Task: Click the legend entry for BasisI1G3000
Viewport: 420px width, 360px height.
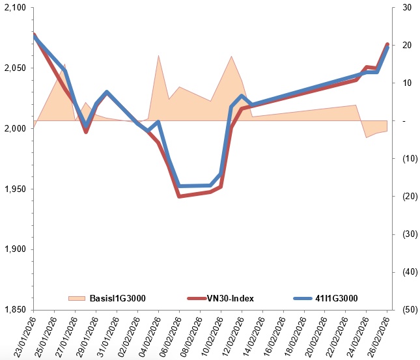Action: pos(107,298)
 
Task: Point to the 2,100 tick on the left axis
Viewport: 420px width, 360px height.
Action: pos(15,8)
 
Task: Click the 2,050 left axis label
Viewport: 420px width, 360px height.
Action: pos(15,68)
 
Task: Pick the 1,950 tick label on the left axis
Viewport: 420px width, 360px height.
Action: pos(15,189)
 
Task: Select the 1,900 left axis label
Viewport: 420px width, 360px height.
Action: pos(15,249)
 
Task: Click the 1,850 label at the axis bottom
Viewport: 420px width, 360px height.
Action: pos(15,310)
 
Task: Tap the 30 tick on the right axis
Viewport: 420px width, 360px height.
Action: pos(407,8)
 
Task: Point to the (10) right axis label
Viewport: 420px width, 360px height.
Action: pos(410,159)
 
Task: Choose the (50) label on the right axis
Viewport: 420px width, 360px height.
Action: pos(410,310)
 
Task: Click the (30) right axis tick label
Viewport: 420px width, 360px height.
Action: pos(410,234)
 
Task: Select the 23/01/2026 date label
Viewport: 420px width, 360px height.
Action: pos(25,337)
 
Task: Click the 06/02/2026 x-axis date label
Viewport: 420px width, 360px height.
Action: pos(171,337)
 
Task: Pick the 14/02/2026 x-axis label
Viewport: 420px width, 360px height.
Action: pos(254,337)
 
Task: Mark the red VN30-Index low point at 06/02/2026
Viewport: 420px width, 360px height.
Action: pos(179,197)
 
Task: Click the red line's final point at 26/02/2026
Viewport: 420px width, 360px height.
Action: pos(387,44)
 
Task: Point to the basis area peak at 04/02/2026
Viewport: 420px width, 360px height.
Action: pos(159,55)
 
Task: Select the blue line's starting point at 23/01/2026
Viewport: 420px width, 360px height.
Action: pos(34,36)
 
